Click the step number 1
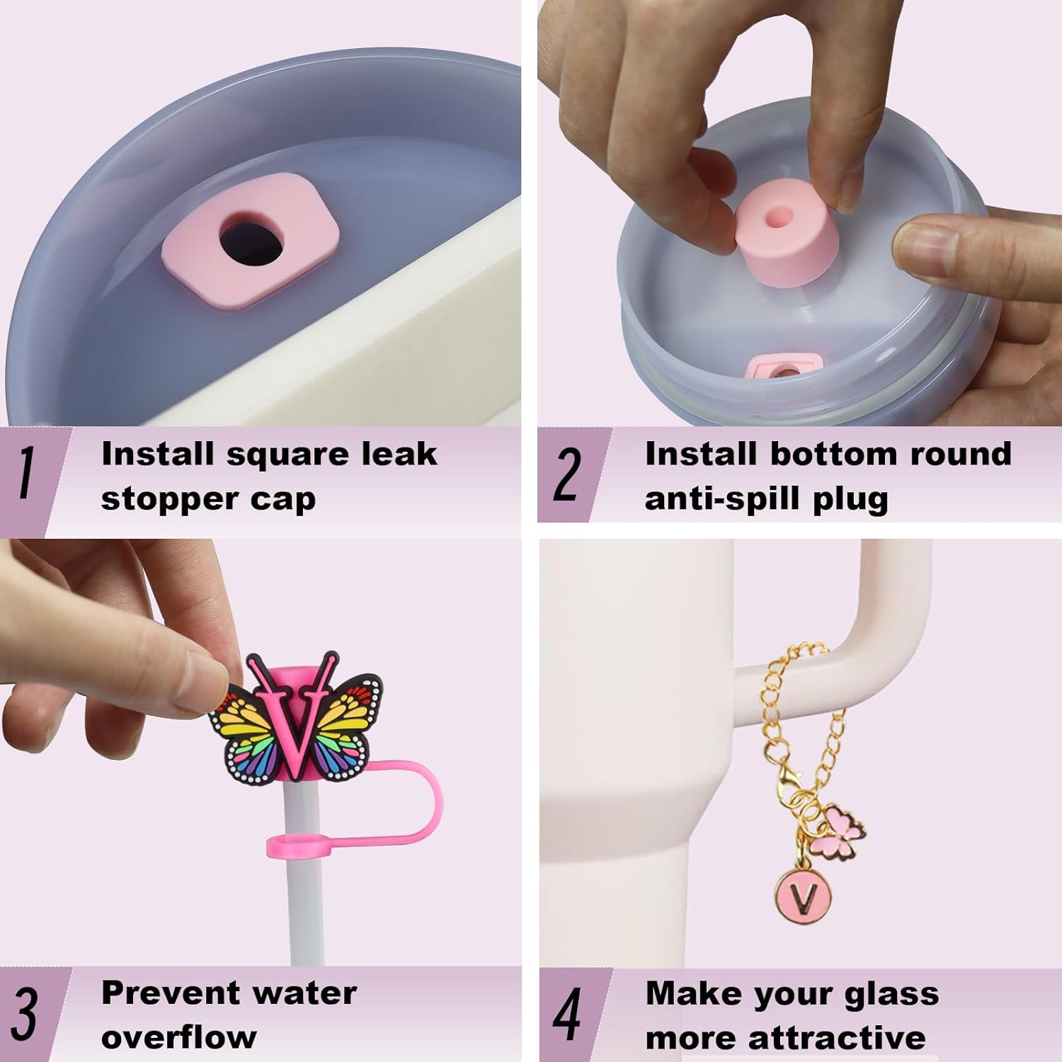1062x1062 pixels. (x=26, y=474)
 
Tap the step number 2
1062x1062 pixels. (x=567, y=474)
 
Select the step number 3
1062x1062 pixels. (x=25, y=1013)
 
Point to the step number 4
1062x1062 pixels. (x=566, y=1013)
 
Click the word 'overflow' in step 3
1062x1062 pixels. (x=179, y=1038)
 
